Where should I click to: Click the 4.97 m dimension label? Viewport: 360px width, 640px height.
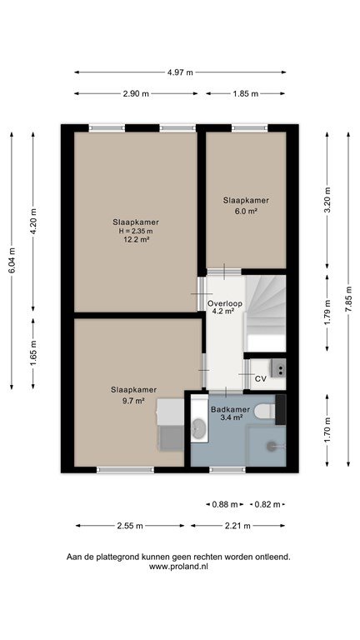tap(180, 72)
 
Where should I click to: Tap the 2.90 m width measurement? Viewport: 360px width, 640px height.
tap(136, 94)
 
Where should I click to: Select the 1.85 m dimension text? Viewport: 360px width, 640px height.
tap(246, 94)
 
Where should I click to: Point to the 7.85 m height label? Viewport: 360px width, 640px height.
tap(348, 299)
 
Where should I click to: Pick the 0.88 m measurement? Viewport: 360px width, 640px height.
tap(224, 504)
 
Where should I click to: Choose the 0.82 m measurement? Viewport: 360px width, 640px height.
tap(267, 504)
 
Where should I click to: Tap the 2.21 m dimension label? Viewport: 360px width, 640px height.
tap(237, 526)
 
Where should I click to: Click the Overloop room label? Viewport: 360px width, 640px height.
tap(225, 303)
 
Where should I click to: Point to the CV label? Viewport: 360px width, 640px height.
tap(260, 379)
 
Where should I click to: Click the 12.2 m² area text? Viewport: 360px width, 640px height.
tap(136, 240)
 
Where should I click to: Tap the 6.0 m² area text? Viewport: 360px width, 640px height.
tap(246, 211)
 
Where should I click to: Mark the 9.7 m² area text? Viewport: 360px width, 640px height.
tap(134, 401)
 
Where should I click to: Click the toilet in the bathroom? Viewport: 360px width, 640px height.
tap(267, 412)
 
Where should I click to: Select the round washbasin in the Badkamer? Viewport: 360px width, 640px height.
tap(199, 428)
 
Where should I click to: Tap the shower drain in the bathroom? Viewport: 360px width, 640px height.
tap(272, 446)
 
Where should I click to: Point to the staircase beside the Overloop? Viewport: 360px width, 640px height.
tap(265, 313)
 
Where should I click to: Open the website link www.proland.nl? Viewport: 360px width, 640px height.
tap(178, 567)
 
